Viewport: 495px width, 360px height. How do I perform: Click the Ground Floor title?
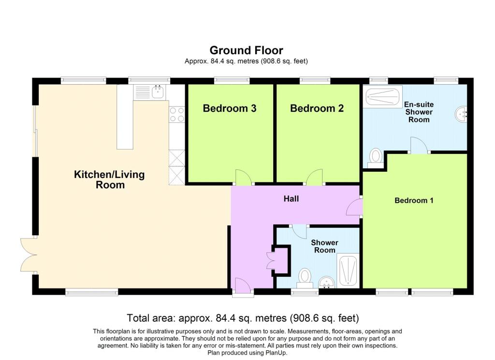246,50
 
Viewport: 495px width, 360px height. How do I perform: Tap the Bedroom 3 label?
229,108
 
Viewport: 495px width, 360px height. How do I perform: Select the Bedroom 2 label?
317,108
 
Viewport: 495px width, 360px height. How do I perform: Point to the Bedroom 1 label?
414,200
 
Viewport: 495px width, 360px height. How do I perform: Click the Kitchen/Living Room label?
109,180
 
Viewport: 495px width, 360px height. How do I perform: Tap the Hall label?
291,198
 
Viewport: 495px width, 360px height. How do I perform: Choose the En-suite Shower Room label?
419,112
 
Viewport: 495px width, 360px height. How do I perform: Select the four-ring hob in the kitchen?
177,114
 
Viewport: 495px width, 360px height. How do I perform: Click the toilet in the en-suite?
375,157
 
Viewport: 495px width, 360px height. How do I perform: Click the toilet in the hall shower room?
305,277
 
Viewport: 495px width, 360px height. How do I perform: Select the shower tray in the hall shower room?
348,270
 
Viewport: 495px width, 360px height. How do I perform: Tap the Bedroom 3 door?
243,178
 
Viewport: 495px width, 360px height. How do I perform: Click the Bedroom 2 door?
315,178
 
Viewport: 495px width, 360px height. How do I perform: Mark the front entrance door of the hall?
242,285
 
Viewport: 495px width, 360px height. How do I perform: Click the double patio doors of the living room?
27,255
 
